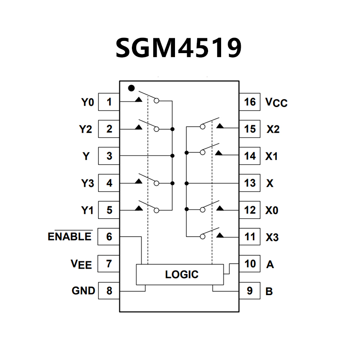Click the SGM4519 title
[178, 47]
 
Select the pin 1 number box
[109, 102]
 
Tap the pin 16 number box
[250, 102]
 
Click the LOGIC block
[182, 274]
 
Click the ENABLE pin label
[70, 237]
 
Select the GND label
[83, 291]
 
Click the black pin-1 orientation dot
[131, 88]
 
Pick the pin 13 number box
[250, 183]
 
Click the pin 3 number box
[109, 156]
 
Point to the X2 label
[273, 130]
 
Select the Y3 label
[87, 183]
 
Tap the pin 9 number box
[250, 291]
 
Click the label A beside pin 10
[270, 264]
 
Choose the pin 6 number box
[109, 237]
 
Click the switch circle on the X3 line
[202, 237]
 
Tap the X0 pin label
[272, 210]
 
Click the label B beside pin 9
[269, 291]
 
